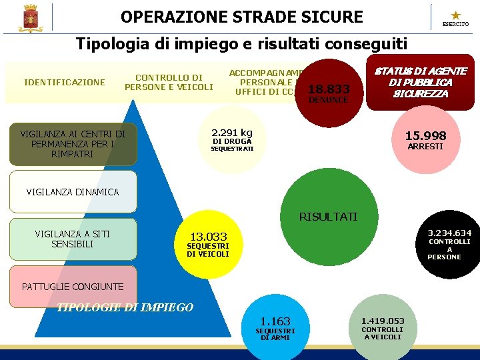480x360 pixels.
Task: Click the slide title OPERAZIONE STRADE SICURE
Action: pos(242,17)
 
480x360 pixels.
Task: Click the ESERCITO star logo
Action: pos(455,17)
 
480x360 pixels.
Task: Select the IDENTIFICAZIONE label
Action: pos(64,83)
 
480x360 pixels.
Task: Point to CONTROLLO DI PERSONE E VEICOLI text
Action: pos(169,83)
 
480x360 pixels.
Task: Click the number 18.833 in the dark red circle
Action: pos(329,88)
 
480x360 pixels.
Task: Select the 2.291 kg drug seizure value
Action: pos(232,132)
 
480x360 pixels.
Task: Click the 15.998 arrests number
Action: pos(425,136)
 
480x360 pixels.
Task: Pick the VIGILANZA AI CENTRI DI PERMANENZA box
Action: pos(73,144)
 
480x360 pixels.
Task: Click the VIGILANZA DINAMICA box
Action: pos(73,192)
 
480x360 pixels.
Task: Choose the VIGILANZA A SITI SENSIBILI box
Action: pos(73,239)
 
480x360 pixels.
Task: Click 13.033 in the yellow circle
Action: pos(209,237)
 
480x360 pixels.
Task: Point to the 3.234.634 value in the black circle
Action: pos(449,233)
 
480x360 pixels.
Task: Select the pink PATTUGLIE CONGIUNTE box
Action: pos(73,287)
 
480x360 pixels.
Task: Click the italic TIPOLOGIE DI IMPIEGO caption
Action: pos(125,307)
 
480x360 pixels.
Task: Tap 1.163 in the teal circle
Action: pos(275,321)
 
